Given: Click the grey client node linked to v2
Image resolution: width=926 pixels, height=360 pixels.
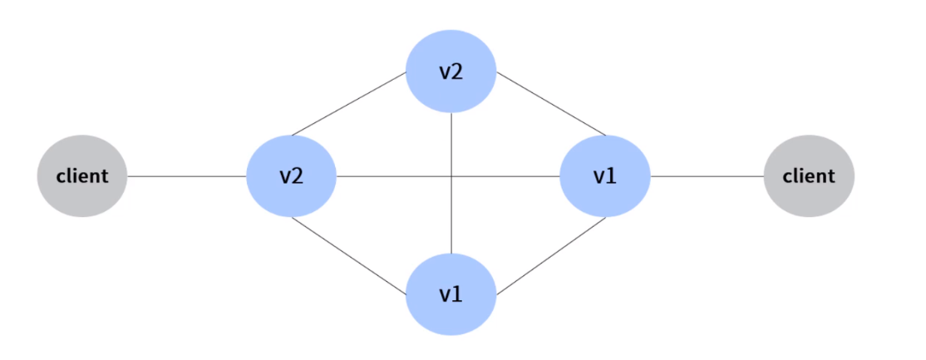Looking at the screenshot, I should tap(82, 176).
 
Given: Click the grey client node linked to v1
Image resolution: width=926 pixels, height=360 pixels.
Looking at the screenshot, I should tap(809, 176).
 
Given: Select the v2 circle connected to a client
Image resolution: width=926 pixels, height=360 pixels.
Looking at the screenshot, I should tap(291, 176).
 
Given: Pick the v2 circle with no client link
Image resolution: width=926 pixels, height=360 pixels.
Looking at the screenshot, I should tap(451, 72).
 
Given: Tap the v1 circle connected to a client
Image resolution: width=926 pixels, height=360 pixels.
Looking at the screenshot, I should tap(604, 176).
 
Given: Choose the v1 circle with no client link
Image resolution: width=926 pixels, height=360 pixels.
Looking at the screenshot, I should tap(451, 294).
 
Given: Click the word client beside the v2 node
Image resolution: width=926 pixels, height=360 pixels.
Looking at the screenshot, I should tap(82, 176).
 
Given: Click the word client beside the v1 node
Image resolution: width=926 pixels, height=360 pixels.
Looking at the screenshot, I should tap(809, 176).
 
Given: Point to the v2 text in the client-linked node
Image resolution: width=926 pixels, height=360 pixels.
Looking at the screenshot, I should tap(290, 176).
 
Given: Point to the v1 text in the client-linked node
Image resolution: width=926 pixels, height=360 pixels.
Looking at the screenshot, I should tap(604, 176).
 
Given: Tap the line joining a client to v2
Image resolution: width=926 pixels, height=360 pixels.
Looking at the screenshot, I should tap(187, 176).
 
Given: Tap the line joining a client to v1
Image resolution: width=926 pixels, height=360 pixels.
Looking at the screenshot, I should tap(707, 176).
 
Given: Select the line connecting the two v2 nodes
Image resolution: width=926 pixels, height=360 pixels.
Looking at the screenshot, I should tap(349, 104).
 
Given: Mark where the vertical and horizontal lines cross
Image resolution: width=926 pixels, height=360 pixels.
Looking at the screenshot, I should tap(451, 176).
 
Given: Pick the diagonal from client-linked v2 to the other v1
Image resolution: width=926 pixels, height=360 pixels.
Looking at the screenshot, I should tap(349, 254).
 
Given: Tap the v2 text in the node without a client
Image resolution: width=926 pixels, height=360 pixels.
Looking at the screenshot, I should tap(451, 72).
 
